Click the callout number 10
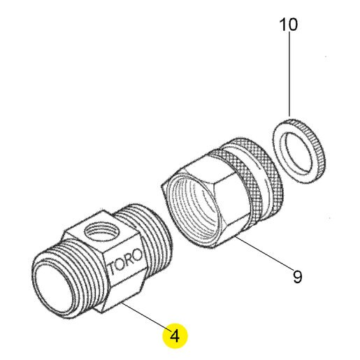288,24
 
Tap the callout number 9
297,277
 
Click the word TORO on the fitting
126,261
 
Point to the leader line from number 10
289,74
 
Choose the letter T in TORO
113,268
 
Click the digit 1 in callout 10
282,24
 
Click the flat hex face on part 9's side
231,201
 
